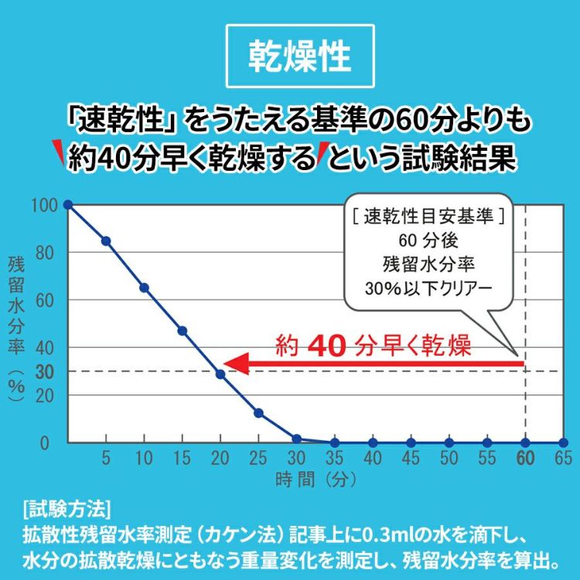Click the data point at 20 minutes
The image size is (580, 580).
click(x=220, y=374)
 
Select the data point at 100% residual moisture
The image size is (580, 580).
click(x=68, y=204)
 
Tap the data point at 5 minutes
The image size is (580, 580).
click(x=106, y=241)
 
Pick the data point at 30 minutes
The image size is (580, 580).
click(x=296, y=438)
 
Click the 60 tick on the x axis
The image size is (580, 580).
click(x=525, y=458)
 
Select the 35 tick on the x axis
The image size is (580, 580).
click(x=335, y=458)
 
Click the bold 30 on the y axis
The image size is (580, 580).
click(x=44, y=372)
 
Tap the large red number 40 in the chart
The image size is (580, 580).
click(x=331, y=346)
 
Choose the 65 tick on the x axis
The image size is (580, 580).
click(x=563, y=458)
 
